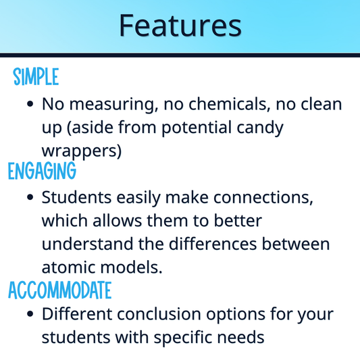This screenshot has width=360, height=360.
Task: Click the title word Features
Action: tap(180, 26)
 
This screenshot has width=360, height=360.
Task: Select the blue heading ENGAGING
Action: tap(42, 172)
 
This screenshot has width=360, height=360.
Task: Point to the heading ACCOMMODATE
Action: tap(59, 290)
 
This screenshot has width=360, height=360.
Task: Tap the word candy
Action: tap(259, 128)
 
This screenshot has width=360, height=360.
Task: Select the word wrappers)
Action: tap(82, 151)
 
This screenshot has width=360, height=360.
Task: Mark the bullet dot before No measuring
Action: tap(30, 105)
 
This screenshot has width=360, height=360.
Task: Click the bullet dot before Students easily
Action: tap(30, 199)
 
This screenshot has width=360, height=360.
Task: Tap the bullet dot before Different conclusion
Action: tap(30, 315)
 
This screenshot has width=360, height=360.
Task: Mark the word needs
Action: tap(243, 338)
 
